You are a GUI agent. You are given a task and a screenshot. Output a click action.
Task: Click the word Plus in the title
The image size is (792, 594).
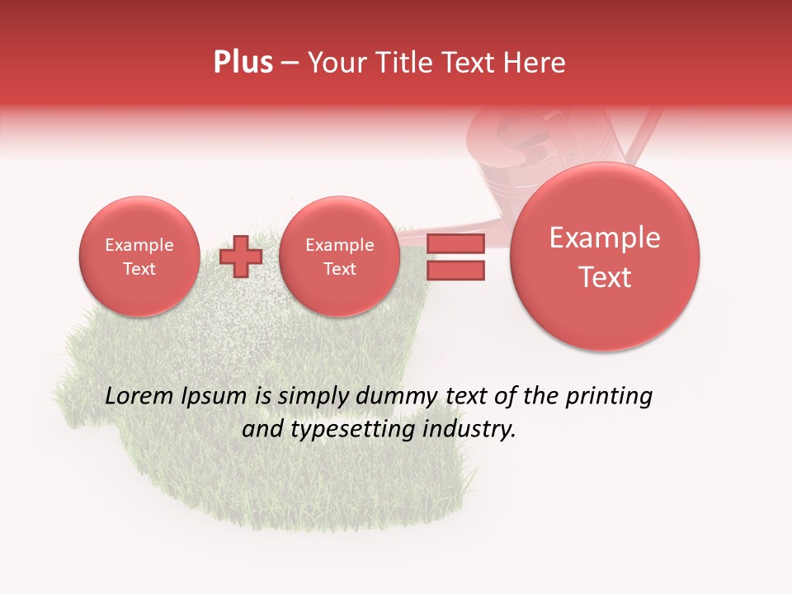coord(243,63)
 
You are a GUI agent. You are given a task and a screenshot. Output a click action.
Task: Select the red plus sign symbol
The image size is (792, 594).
coord(241,257)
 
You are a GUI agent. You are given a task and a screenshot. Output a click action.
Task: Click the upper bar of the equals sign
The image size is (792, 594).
coord(455,244)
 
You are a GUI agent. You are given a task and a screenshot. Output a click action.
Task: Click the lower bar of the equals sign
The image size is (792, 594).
coord(455,271)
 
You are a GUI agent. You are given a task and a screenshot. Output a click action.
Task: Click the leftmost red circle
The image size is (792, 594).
coord(139,257)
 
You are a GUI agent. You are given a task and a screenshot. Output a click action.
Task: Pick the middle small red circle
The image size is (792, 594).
coord(340,257)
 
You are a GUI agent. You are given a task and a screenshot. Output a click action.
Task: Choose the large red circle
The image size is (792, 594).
coord(605,257)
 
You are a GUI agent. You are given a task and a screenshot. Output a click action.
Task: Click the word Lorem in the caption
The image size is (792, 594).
coord(141,397)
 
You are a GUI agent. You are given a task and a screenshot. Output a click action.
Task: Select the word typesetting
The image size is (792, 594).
coord(351,430)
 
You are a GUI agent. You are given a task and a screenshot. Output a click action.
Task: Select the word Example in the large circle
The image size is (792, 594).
coord(605,238)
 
